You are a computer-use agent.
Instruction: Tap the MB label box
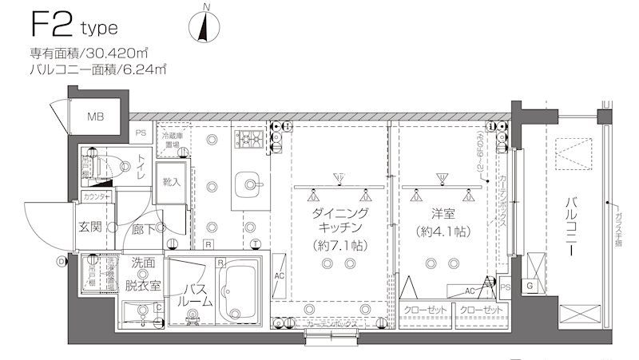[x=96, y=117]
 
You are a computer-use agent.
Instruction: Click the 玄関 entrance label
[x=89, y=227]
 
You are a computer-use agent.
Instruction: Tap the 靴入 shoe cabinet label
[x=171, y=182]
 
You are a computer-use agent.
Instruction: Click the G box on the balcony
[x=530, y=286]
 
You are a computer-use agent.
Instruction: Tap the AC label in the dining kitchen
[x=280, y=276]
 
